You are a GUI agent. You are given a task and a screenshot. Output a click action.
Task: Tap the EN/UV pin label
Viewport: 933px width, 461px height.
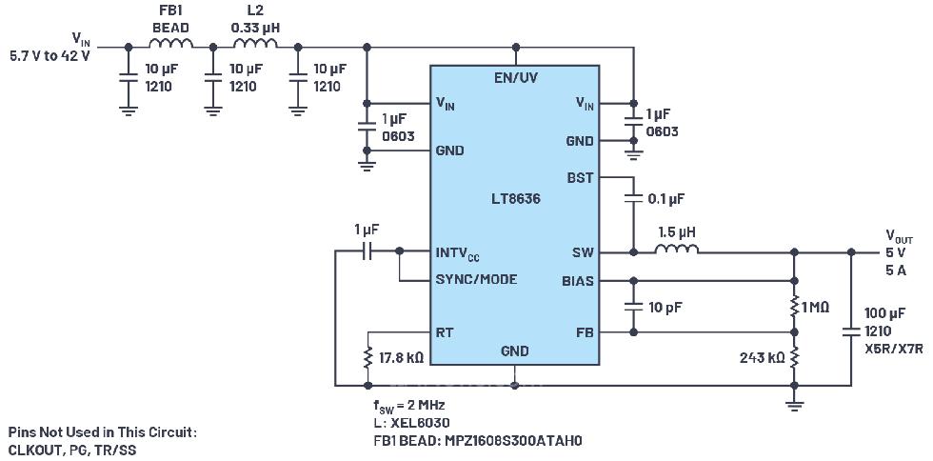click(x=514, y=77)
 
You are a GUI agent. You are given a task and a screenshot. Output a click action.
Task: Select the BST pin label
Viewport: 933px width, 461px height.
click(x=580, y=178)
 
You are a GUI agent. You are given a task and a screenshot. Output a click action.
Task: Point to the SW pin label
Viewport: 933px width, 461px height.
click(x=582, y=252)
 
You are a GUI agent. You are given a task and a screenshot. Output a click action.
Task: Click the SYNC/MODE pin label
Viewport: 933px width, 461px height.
click(x=476, y=280)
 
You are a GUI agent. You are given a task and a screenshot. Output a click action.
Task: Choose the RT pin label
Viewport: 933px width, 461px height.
click(x=445, y=332)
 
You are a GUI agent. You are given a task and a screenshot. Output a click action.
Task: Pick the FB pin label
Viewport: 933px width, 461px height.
click(x=584, y=332)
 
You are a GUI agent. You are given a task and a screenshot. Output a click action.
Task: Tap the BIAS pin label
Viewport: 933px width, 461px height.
click(x=577, y=281)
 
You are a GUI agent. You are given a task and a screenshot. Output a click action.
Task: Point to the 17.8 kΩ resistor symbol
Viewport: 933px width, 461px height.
click(x=368, y=358)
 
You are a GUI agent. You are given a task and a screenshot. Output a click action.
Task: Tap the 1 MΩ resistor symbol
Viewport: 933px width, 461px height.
click(x=794, y=307)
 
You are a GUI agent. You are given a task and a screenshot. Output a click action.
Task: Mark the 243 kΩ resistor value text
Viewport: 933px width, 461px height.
click(x=762, y=358)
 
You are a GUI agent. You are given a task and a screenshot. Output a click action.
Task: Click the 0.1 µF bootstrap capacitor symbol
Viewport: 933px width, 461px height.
click(x=633, y=199)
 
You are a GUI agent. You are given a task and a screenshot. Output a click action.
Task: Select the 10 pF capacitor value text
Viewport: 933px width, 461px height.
click(x=665, y=308)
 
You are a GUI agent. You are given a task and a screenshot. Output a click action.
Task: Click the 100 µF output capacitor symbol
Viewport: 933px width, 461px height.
click(x=851, y=331)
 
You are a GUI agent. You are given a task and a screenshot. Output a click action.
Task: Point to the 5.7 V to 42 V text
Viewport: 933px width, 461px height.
click(x=50, y=55)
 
